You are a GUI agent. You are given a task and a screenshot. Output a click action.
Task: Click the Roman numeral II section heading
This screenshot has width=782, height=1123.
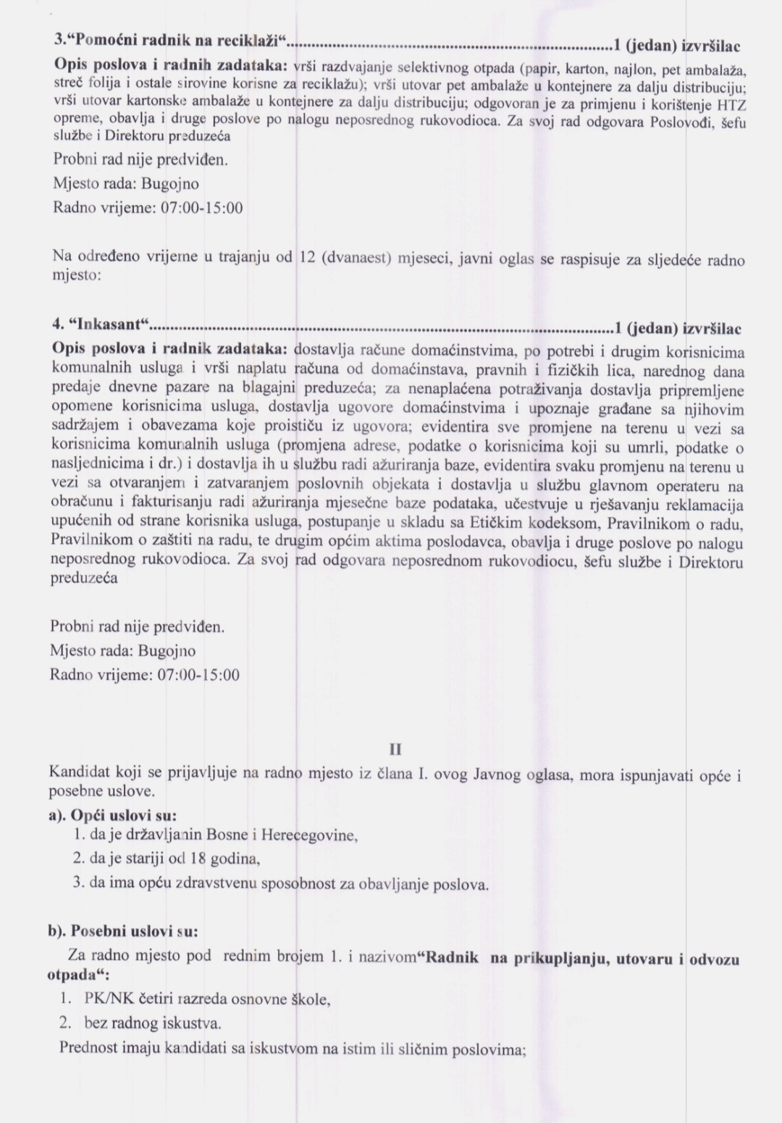[395, 749]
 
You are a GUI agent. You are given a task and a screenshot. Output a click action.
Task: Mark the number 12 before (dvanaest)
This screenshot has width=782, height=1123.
[306, 258]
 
